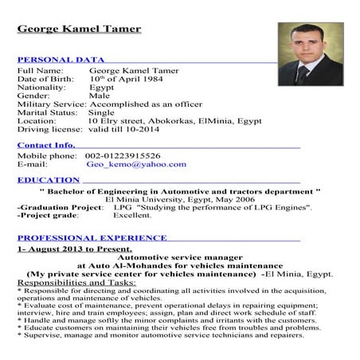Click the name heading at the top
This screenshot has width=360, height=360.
click(x=79, y=29)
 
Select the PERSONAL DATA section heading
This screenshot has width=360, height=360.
click(x=61, y=60)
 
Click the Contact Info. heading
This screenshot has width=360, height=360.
click(x=46, y=145)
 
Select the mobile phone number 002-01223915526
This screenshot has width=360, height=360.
click(x=123, y=156)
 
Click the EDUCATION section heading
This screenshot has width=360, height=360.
click(x=48, y=180)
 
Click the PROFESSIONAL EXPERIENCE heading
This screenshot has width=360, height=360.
click(x=92, y=237)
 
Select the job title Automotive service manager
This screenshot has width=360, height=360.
click(x=179, y=257)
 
